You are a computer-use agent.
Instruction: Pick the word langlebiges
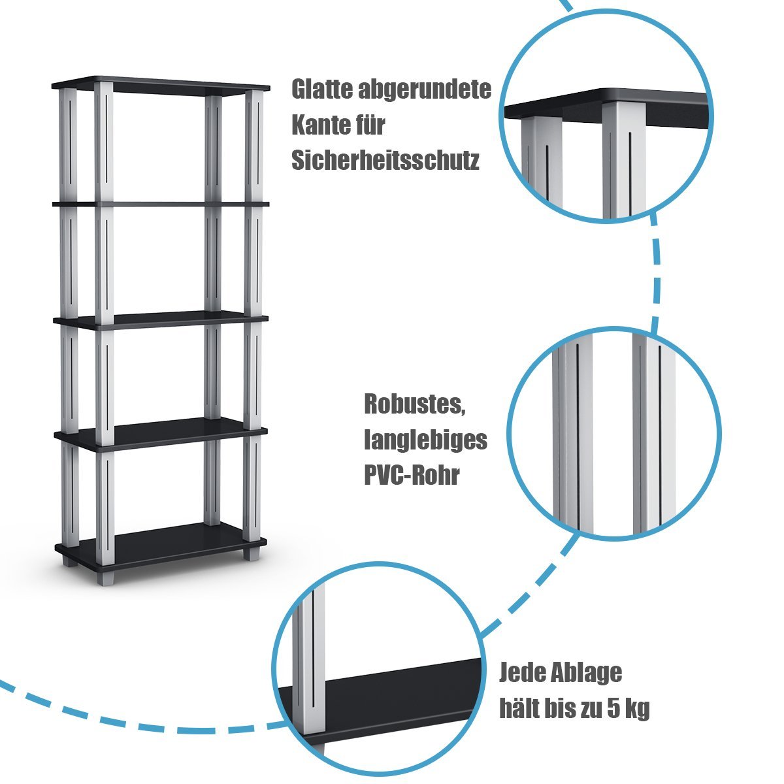[x=425, y=440]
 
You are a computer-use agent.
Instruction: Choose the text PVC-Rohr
[x=412, y=475]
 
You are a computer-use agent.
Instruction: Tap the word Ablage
[x=586, y=672]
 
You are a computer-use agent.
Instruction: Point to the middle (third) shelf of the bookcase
[x=161, y=320]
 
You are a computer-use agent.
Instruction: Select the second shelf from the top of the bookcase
[x=161, y=204]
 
